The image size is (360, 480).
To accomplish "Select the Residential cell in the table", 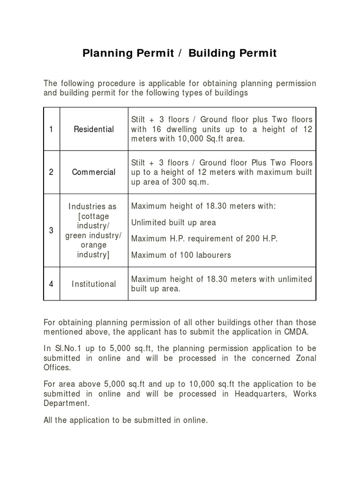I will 94,129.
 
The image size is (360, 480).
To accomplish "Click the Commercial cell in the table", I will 94,172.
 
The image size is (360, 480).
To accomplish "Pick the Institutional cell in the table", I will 94,284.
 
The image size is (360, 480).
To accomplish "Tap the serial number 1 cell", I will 52,129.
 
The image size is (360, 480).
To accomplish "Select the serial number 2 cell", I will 52,172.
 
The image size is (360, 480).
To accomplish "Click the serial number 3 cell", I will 52,231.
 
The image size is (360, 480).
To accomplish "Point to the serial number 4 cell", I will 52,284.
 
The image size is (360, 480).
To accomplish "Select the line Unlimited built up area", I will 173,223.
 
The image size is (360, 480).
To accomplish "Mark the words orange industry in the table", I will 94,250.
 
